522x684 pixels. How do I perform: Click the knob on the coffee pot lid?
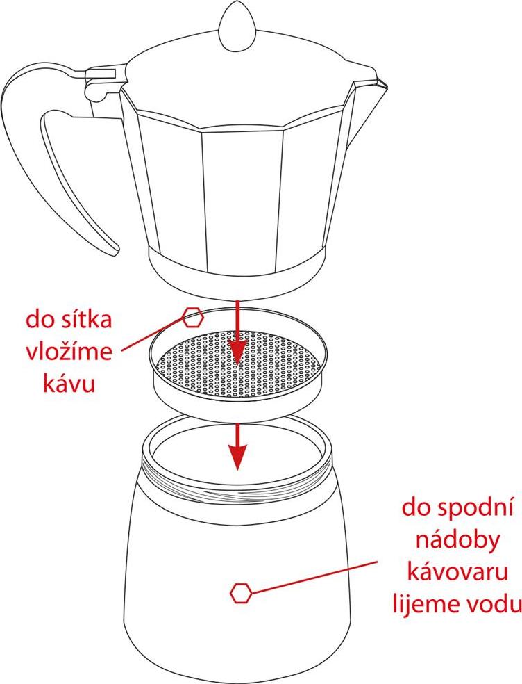tap(237, 27)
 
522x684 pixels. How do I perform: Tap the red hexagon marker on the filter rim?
tap(192, 317)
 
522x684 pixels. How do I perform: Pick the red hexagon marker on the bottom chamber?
tap(241, 593)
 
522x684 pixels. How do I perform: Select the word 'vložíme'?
tap(69, 352)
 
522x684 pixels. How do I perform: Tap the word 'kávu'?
tap(69, 384)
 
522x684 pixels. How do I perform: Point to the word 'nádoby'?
tap(457, 541)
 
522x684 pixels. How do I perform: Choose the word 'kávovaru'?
tap(457, 572)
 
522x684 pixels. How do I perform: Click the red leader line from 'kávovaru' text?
tap(314, 578)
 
